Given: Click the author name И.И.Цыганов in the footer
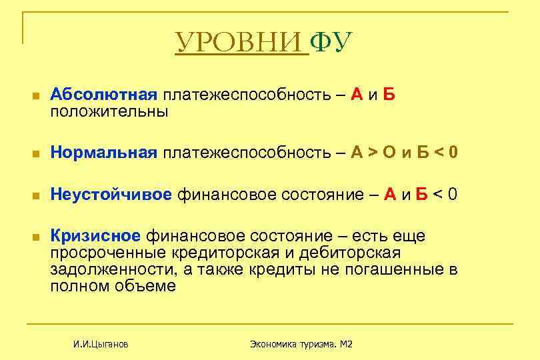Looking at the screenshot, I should (101, 344).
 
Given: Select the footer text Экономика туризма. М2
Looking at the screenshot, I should (301, 344).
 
